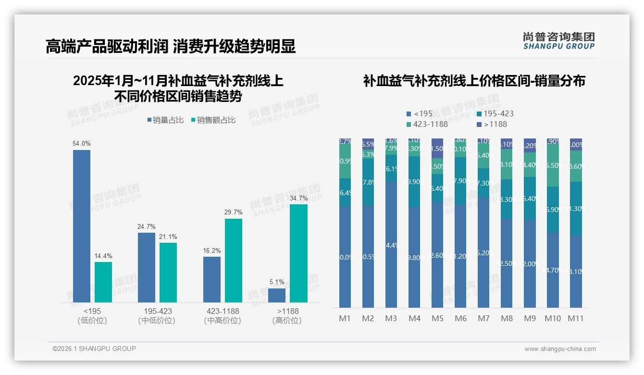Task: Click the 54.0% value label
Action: click(x=81, y=143)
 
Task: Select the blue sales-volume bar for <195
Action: click(x=82, y=226)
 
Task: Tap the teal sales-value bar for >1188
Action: click(x=298, y=253)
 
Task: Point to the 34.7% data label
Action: click(x=299, y=198)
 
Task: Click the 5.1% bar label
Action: click(x=277, y=282)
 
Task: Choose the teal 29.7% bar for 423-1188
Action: click(x=234, y=261)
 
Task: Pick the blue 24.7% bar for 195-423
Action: click(x=147, y=267)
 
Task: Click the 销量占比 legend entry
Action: click(x=165, y=120)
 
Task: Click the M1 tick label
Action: click(x=345, y=318)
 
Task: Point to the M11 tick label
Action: click(x=576, y=318)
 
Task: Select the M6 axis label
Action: click(x=460, y=318)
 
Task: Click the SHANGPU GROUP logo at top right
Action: click(x=558, y=41)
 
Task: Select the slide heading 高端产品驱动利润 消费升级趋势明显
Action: click(x=171, y=47)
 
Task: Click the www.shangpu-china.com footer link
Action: click(x=560, y=349)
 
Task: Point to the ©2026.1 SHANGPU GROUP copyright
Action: click(x=94, y=349)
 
